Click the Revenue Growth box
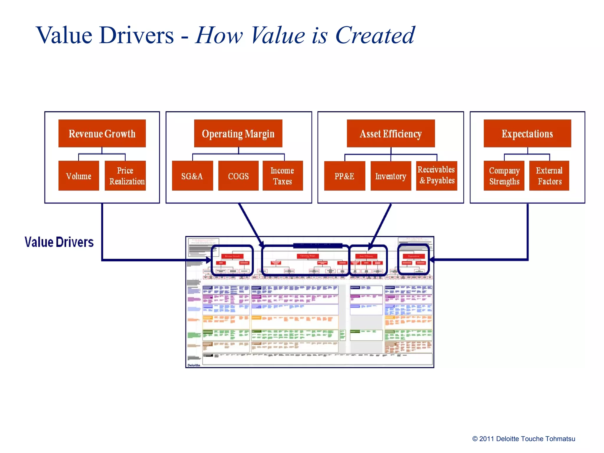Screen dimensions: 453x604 102,133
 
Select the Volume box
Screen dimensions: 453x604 79,176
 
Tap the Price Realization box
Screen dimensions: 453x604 125,176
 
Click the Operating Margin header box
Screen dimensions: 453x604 238,133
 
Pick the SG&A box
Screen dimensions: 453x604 192,176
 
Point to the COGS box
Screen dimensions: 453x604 238,176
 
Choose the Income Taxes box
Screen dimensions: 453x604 283,176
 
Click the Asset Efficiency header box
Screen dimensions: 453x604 391,133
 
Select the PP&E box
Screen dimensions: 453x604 344,176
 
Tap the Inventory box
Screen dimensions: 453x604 391,176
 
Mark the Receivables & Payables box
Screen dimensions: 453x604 436,175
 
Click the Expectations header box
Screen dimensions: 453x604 527,133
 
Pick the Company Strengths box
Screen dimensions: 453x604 504,176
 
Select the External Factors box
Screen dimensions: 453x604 549,176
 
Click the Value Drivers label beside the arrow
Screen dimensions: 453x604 59,242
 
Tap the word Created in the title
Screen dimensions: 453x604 375,35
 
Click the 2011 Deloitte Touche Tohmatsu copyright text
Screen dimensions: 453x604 524,439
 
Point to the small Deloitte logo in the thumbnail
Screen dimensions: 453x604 194,365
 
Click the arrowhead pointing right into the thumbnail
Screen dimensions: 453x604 209,260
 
